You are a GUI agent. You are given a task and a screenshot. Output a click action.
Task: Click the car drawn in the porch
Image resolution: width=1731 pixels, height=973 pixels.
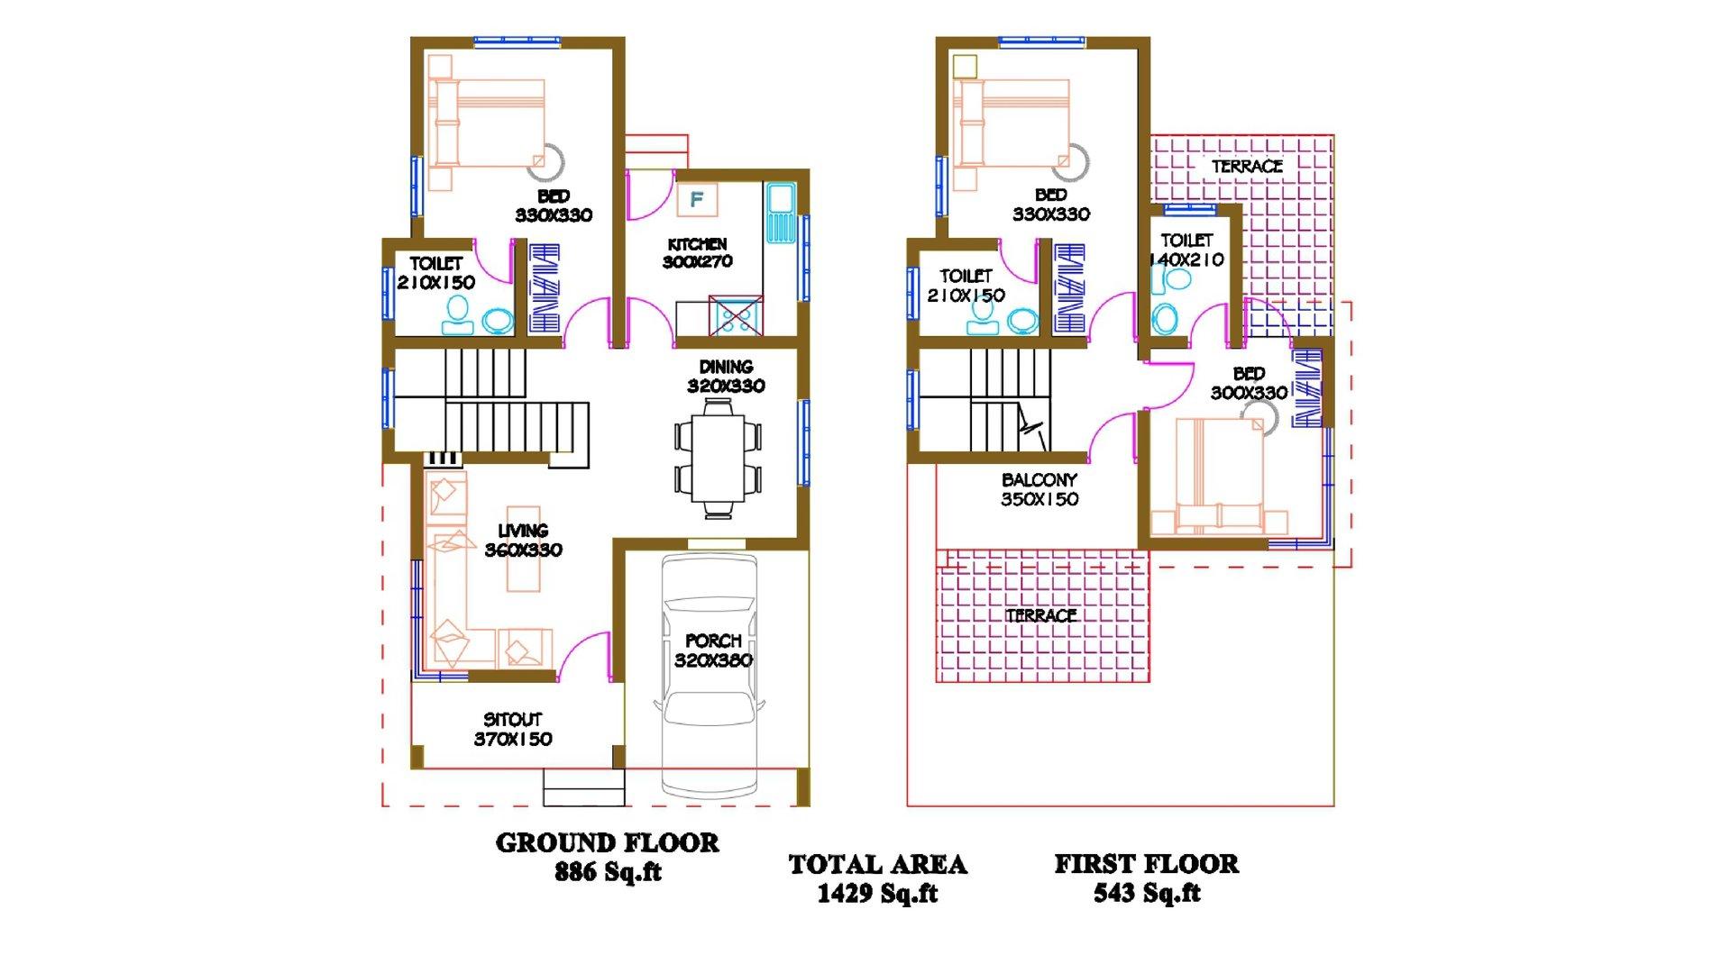(x=712, y=676)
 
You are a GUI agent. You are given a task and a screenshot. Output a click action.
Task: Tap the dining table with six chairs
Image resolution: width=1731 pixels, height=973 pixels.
(x=718, y=459)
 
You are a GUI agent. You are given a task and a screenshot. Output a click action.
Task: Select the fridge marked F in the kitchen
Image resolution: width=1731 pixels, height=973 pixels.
(x=697, y=199)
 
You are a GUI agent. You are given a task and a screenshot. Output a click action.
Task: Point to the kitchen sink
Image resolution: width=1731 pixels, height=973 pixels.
(x=778, y=213)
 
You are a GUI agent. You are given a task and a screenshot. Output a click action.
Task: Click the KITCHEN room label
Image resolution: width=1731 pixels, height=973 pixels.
(x=697, y=244)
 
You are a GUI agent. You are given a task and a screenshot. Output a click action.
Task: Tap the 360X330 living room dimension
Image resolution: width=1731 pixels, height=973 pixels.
(x=523, y=550)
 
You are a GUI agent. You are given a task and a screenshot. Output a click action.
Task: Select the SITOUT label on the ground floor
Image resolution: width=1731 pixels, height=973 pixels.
(x=513, y=720)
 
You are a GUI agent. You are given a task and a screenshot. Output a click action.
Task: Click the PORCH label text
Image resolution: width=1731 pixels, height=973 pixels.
(x=713, y=641)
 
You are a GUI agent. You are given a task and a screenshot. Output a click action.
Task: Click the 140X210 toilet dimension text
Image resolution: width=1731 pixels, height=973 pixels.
(x=1186, y=260)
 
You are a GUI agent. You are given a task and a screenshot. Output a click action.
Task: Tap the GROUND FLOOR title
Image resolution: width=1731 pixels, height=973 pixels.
(x=608, y=843)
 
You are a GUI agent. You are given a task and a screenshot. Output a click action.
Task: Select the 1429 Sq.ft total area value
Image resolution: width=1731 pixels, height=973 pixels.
(x=877, y=894)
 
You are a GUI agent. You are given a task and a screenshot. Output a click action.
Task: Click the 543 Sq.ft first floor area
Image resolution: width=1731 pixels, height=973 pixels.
(x=1147, y=894)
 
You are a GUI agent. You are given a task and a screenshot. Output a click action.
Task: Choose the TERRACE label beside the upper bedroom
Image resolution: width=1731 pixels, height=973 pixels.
(x=1247, y=167)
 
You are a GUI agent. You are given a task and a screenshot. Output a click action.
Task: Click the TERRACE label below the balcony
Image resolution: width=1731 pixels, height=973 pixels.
(x=1041, y=616)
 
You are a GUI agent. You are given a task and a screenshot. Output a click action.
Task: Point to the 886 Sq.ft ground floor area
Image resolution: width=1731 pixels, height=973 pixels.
(x=608, y=872)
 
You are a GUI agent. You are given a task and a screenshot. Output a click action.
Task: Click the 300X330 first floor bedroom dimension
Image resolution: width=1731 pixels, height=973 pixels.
(x=1249, y=394)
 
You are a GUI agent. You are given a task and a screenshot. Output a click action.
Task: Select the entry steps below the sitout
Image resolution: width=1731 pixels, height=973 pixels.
(x=583, y=787)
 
